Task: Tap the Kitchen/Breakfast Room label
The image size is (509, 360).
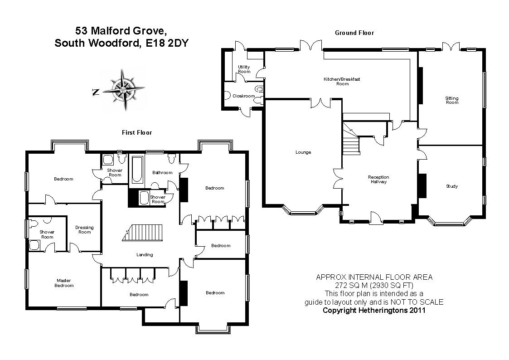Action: [x=342, y=81]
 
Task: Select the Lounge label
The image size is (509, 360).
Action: [x=303, y=152]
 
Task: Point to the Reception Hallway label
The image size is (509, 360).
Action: [x=378, y=179]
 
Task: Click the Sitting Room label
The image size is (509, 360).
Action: [x=452, y=100]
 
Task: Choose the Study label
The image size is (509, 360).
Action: [x=451, y=186]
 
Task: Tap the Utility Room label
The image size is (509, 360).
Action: [x=244, y=69]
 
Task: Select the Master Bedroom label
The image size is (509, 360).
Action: [x=64, y=283]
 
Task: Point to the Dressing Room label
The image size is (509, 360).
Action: [x=85, y=230]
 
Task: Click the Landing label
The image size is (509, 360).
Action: [x=145, y=255]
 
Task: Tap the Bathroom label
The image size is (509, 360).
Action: [x=162, y=173]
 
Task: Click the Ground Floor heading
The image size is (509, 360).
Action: [x=354, y=33]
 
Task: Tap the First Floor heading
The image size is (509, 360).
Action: [x=137, y=132]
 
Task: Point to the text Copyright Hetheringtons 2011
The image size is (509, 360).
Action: [x=374, y=311]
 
